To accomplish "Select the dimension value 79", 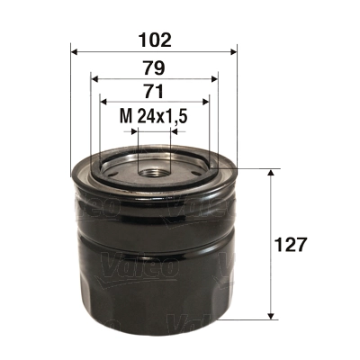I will click(x=153, y=67).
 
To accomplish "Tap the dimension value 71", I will click(x=153, y=92).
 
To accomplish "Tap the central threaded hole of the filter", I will click(x=153, y=167).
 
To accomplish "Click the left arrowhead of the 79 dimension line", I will click(x=94, y=78).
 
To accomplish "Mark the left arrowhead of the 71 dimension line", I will click(x=102, y=103).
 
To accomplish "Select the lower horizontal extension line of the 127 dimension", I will click(x=256, y=319).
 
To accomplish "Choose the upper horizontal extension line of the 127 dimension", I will click(x=256, y=168).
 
